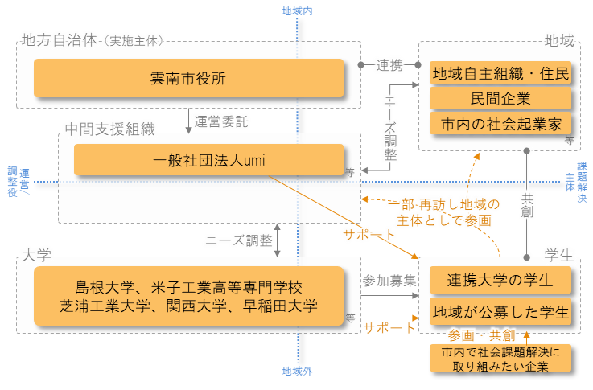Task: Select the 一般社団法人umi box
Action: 209,159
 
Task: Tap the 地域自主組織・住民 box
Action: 500,73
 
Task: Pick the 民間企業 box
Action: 500,99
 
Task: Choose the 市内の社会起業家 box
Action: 500,125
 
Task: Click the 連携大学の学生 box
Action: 500,281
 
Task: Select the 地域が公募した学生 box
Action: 500,311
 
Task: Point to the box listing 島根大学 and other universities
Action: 188,296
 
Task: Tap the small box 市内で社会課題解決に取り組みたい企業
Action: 500,359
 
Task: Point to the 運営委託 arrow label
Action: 222,122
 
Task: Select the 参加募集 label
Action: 389,281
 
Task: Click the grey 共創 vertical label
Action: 527,206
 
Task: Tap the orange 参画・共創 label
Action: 481,335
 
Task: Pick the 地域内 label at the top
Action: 297,11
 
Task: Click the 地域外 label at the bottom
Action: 297,372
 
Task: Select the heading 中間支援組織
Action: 109,128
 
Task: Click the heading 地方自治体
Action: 60,39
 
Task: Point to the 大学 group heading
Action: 36,256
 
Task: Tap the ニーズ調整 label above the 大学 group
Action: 238,240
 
